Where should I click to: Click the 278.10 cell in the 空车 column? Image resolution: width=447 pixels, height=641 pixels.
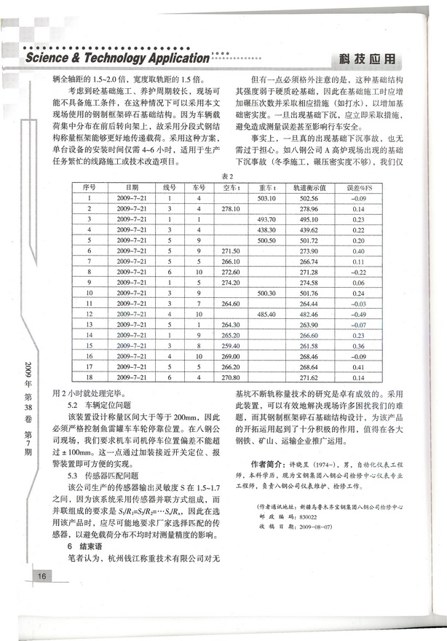click(230, 209)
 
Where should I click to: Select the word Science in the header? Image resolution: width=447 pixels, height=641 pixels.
click(50, 58)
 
